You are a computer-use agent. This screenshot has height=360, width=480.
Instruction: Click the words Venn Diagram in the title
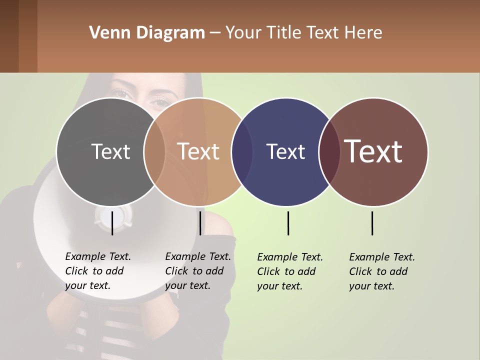click(147, 33)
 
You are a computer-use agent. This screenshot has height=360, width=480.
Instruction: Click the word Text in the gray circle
click(110, 151)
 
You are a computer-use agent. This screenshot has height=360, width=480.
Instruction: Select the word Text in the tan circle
click(198, 151)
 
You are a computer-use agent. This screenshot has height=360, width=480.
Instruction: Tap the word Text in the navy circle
click(285, 151)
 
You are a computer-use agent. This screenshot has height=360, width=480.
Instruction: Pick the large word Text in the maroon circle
click(373, 151)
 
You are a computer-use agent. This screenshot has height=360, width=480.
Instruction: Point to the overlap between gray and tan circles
click(154, 151)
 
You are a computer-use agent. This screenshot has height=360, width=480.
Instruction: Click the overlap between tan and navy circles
click(242, 151)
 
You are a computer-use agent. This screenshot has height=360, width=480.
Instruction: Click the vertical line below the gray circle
click(112, 223)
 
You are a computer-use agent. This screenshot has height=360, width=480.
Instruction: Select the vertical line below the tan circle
click(200, 223)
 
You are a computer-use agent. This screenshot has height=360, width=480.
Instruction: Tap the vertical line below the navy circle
click(288, 223)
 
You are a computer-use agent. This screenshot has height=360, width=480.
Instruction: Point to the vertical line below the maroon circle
click(372, 223)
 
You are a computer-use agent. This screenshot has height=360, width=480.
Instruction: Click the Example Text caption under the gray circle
click(98, 271)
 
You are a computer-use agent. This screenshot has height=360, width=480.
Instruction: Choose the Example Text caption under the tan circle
click(198, 271)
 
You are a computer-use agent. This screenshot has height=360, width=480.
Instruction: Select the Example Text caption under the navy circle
click(290, 271)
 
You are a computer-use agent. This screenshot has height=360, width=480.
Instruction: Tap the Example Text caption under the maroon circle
click(382, 271)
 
